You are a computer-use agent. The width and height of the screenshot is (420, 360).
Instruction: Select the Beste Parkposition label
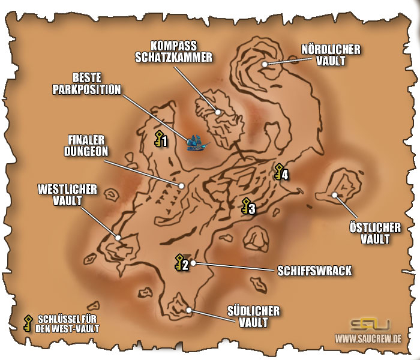96,84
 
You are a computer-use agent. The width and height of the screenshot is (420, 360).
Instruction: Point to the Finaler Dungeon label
86,146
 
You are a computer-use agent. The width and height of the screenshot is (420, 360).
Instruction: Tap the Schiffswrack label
314,271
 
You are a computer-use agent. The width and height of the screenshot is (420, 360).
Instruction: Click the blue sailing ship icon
197,142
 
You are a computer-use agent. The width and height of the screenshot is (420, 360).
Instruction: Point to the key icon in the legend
28,323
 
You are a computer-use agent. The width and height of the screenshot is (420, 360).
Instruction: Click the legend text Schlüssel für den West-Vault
67,323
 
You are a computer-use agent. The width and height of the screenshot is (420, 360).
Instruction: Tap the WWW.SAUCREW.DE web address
368,340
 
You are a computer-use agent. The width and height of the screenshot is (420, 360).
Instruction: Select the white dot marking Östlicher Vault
334,194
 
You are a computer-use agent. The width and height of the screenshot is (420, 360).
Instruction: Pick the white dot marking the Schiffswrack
193,263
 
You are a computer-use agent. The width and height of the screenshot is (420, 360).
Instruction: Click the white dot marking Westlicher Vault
118,238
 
